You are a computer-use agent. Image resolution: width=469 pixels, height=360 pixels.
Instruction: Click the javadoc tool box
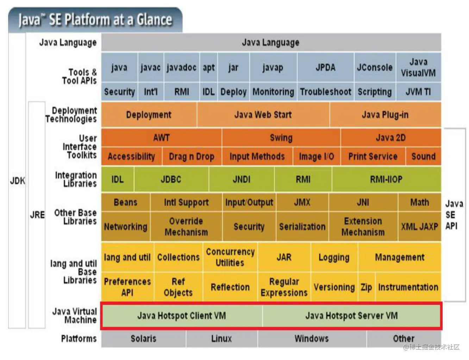[181, 67]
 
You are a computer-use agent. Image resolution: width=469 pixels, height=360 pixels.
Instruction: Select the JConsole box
[375, 67]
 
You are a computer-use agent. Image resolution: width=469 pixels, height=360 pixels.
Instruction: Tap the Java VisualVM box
[418, 67]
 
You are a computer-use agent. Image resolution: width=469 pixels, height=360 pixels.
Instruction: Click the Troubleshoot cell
[325, 92]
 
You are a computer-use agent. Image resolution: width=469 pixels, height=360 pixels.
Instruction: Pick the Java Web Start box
[263, 115]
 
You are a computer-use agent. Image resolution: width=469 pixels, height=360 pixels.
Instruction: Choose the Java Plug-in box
[385, 115]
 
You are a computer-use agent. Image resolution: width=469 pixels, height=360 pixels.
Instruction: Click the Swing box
[281, 138]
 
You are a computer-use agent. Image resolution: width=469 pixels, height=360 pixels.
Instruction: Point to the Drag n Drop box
[192, 156]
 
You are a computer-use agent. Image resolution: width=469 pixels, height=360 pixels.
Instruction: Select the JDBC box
[171, 179]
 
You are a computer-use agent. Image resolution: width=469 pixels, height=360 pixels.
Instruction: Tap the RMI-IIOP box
[386, 179]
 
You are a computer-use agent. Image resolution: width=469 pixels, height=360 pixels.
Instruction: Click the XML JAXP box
[419, 226]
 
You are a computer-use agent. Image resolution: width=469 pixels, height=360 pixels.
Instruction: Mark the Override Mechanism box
[186, 226]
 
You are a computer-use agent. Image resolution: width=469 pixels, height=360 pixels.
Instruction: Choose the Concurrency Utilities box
[230, 257]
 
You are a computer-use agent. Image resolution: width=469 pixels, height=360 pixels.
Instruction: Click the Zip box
[366, 287]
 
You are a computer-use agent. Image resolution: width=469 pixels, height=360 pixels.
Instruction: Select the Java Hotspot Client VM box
[182, 316]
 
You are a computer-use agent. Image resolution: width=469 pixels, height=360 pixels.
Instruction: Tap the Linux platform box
[221, 339]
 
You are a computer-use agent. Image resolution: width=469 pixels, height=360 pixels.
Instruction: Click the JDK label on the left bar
[17, 181]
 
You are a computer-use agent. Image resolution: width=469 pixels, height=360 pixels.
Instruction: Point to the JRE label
[37, 215]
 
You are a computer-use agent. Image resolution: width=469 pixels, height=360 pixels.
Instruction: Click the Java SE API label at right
[454, 215]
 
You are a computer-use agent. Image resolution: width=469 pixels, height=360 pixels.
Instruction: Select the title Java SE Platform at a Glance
[95, 20]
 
